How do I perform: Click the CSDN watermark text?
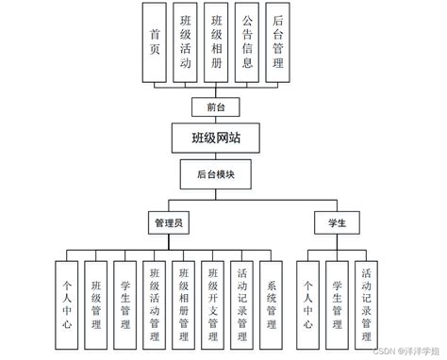pos(381,350)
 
